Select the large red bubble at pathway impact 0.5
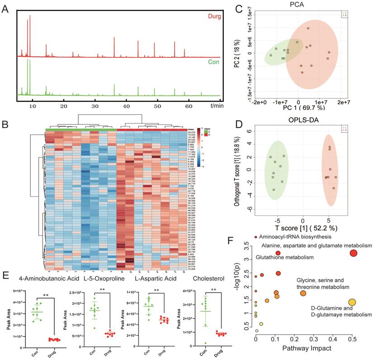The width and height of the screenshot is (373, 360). (353, 253)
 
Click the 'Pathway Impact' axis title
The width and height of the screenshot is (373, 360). (307, 349)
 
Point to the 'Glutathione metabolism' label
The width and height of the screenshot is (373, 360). (285, 257)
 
